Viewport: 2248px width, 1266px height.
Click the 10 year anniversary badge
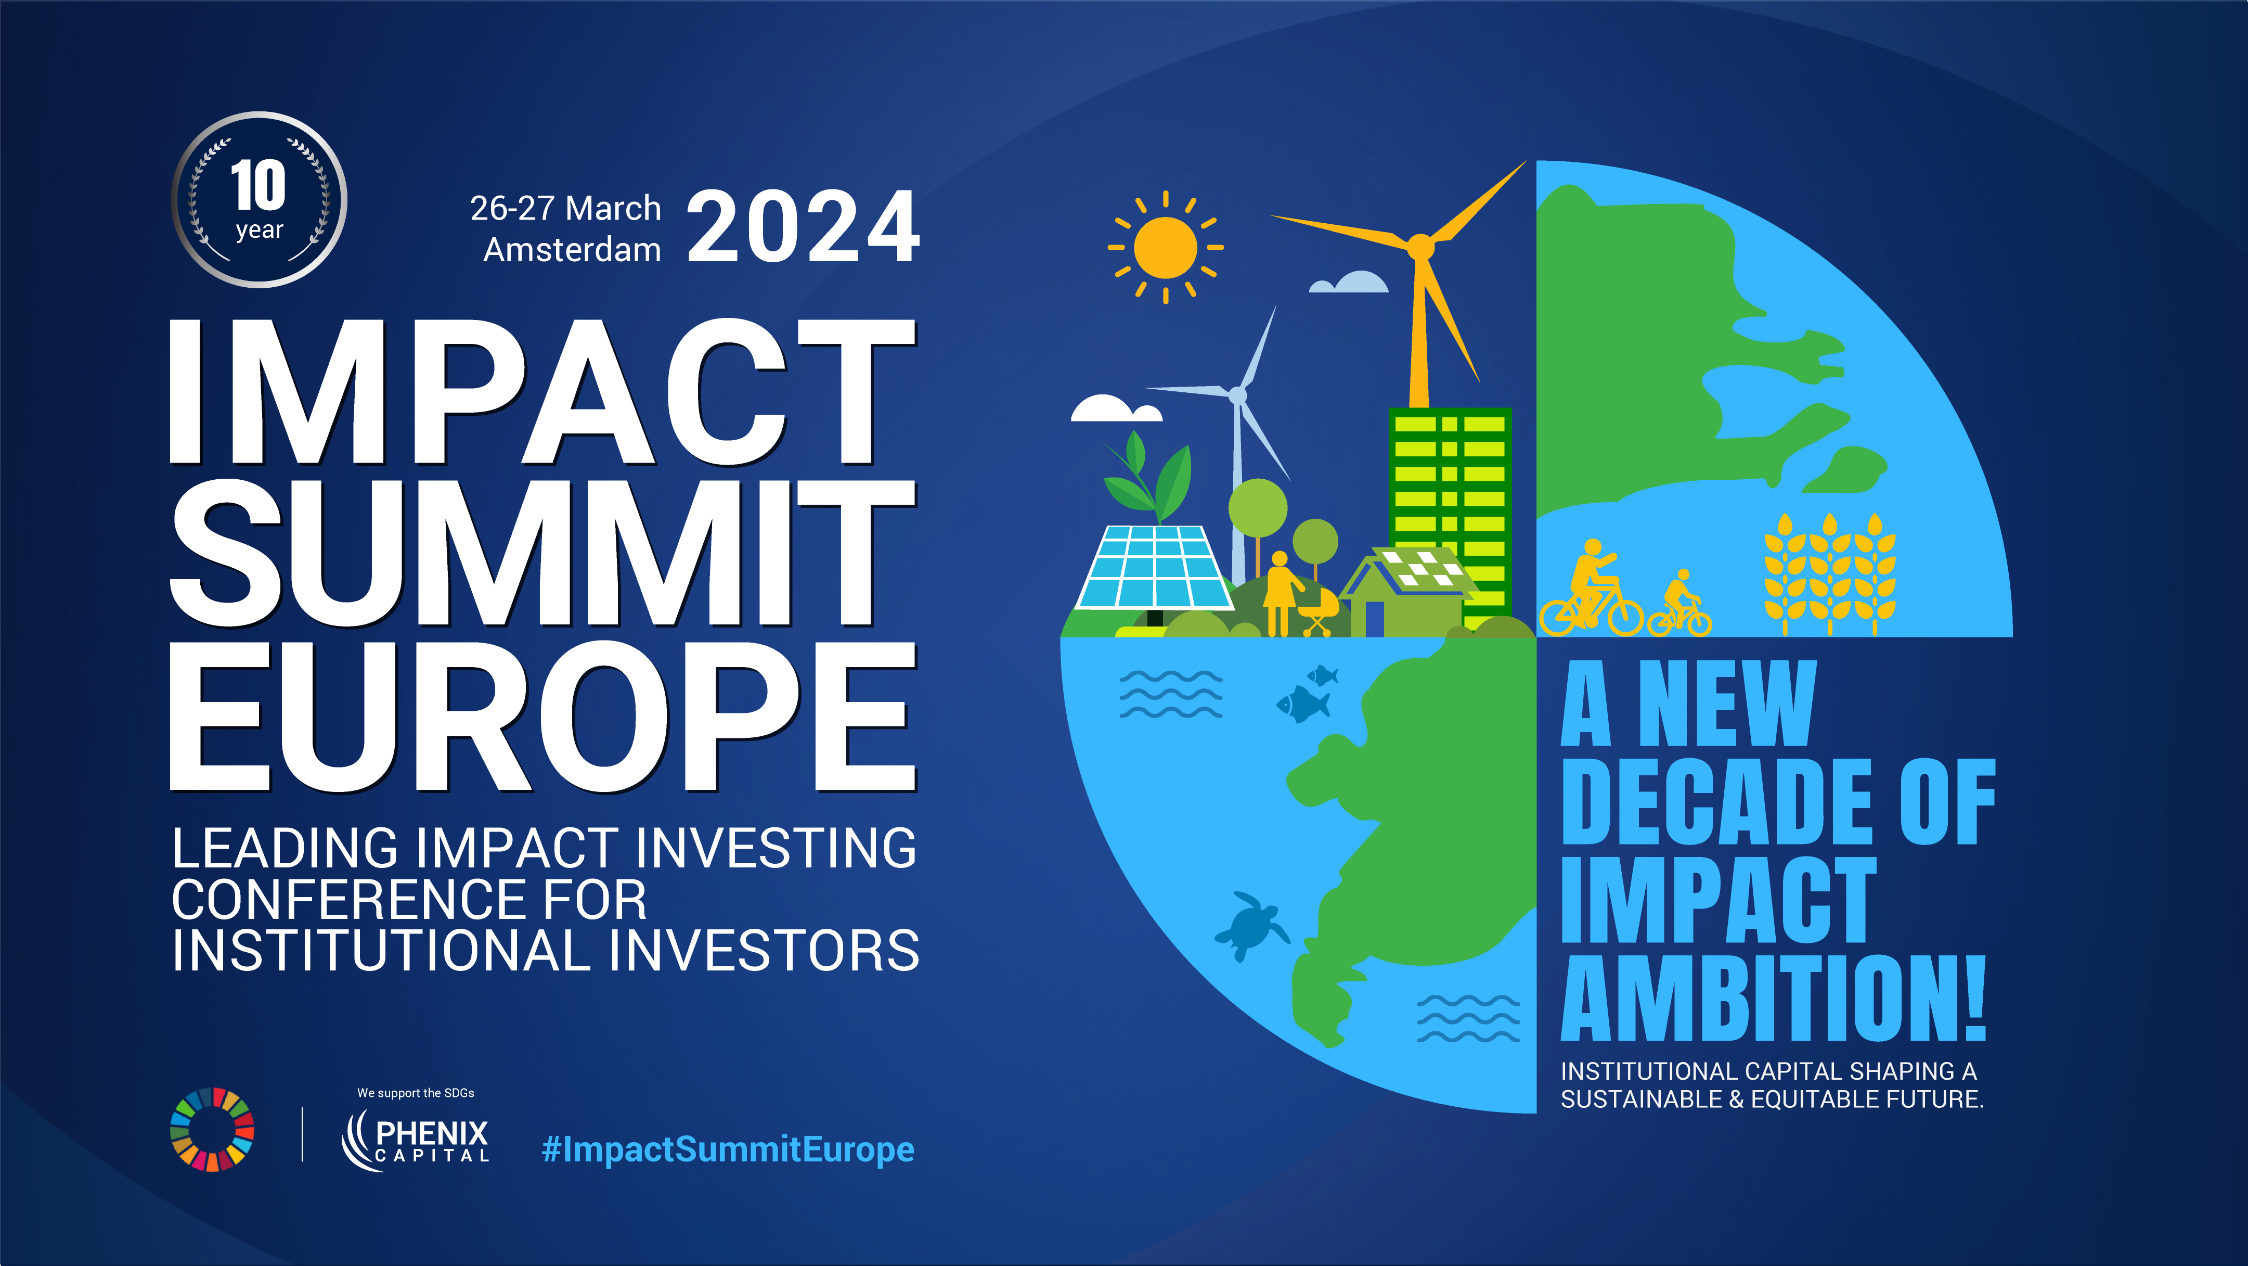coord(259,200)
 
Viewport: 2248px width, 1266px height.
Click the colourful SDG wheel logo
coord(212,1129)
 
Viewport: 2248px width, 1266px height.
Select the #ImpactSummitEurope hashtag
coord(728,1150)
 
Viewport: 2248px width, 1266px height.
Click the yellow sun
coord(1166,248)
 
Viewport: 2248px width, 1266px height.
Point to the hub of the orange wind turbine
coord(1420,247)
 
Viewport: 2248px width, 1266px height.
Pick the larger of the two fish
coord(1304,703)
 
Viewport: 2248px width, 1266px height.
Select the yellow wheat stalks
coord(1830,573)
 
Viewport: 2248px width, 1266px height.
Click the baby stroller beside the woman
coord(1317,611)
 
